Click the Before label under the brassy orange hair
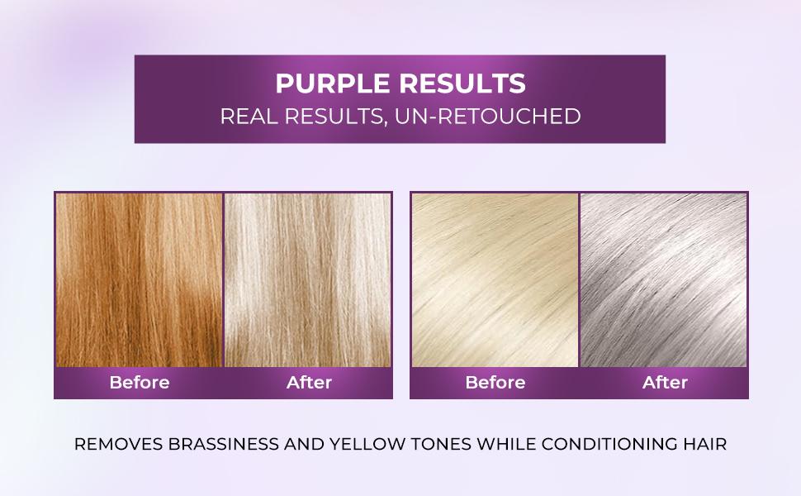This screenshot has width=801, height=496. point(140,383)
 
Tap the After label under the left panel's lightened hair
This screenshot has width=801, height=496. point(309,383)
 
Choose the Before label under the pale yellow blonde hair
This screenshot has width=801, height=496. point(495,383)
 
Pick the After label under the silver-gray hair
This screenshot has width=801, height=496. point(665,383)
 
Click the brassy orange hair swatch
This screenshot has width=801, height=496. point(140,279)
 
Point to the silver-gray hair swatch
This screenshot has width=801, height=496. point(664,279)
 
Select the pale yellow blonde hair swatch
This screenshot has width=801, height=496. point(495,279)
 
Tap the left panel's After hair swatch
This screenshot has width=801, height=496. point(308,279)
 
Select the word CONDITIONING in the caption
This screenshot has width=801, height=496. point(603,445)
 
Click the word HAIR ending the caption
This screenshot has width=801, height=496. point(704,445)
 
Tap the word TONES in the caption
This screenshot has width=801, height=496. point(436,445)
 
